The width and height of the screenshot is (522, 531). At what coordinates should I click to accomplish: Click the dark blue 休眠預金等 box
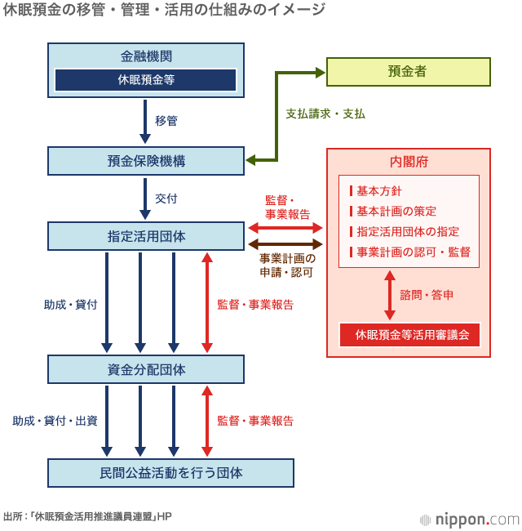pos(146,80)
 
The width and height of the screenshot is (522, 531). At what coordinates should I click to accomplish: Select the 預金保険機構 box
pos(146,161)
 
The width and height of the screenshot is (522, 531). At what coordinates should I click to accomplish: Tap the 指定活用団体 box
pos(146,236)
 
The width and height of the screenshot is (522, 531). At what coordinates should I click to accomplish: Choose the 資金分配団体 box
pos(146,369)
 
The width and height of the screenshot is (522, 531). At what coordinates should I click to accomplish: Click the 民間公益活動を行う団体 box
pos(170,472)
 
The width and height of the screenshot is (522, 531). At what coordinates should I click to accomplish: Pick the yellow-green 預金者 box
pos(408,72)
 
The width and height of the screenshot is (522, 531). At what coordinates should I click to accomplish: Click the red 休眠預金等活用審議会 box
pos(409,335)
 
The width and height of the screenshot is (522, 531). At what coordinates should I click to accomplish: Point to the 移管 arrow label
pos(166,120)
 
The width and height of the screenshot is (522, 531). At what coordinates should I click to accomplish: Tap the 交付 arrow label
pos(166,199)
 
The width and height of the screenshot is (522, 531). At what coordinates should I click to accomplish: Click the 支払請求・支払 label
pos(325,114)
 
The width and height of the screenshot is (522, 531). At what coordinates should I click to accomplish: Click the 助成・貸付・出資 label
pos(55,421)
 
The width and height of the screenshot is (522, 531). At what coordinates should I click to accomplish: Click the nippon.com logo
pos(469,519)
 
